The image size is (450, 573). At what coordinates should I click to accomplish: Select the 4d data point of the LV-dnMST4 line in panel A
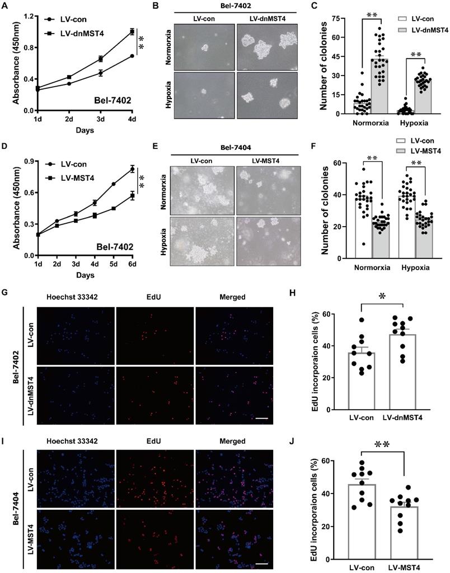tap(132, 32)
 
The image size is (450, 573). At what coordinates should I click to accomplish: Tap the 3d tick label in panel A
tap(100, 119)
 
